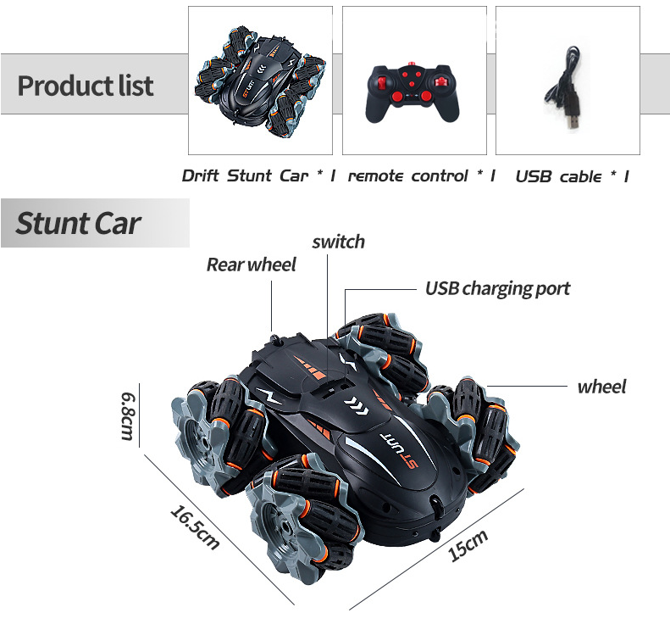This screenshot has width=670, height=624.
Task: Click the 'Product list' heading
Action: point(86,86)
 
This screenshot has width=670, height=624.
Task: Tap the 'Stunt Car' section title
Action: point(78,224)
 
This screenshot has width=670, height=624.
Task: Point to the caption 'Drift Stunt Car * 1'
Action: point(259,176)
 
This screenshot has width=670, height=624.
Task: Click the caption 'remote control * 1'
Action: point(421,176)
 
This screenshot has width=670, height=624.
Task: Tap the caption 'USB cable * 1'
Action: point(572,176)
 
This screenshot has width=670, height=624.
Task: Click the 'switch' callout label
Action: point(338,242)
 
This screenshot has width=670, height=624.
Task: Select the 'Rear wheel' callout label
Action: point(252,265)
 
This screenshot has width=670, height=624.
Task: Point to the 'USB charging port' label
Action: point(497,288)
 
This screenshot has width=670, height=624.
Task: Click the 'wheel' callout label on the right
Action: point(601,387)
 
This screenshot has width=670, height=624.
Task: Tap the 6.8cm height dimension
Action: point(129,415)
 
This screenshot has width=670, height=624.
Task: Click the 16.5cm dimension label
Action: point(195,526)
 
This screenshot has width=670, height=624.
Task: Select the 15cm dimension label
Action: point(468,545)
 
